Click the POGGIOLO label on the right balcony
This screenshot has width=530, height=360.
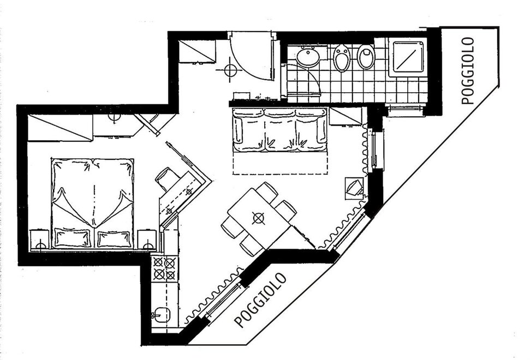coord(468,70)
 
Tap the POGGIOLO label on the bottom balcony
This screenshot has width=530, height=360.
coord(260,300)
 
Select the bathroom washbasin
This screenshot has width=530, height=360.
coord(308,56)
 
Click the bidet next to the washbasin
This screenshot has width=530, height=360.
coord(341,57)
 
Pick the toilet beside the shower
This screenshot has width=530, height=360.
coord(366,56)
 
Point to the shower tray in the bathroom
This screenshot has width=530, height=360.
coord(408,56)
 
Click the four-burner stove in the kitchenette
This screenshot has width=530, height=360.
coord(165,268)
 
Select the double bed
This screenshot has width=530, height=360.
coord(93,203)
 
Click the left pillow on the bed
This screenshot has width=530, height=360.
coord(73,238)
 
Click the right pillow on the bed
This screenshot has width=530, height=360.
coord(114,239)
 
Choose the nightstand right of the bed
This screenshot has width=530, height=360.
coord(147,240)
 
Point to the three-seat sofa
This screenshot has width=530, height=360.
coord(280,130)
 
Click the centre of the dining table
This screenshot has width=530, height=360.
coord(259,218)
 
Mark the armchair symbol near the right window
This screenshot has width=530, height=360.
coord(354,188)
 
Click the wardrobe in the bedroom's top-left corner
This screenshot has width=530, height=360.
coord(60,127)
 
